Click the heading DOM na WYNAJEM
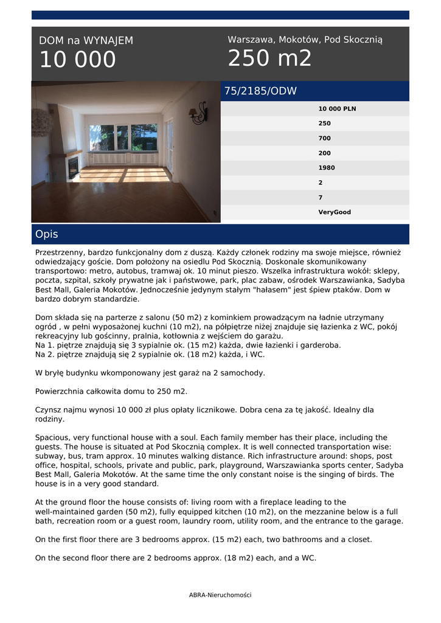pos(86,41)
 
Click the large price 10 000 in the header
pos(77,60)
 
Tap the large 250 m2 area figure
pos(269,58)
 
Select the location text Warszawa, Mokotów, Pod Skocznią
pos(305,40)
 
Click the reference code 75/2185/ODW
pos(260,91)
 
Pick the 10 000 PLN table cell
pos(337,109)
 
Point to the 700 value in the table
pos(325,138)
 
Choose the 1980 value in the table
pos(327,168)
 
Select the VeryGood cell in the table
pos(335,212)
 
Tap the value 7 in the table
pos(321,198)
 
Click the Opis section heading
pos(47,234)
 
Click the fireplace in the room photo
pos(72,166)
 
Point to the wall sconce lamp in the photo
pos(198,114)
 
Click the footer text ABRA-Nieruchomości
pos(220,595)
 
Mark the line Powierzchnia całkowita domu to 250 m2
pos(111,391)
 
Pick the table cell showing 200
pos(325,153)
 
